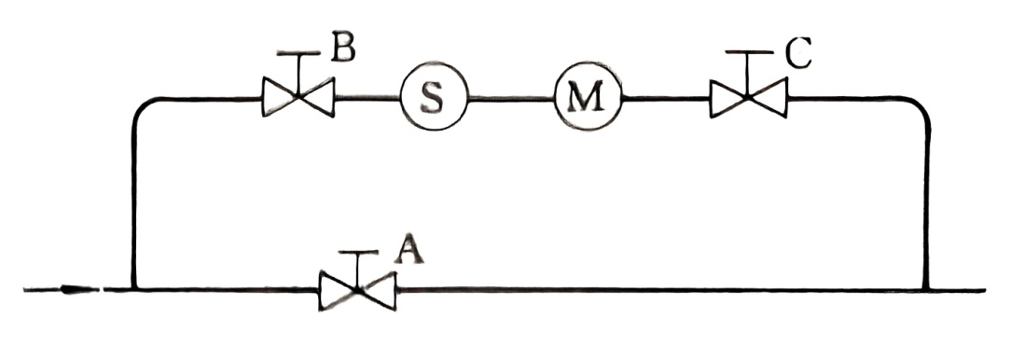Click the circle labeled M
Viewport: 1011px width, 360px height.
pos(587,98)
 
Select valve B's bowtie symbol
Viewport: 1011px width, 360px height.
pos(298,97)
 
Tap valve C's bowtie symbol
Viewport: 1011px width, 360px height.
pos(748,98)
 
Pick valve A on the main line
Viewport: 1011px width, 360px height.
pos(357,290)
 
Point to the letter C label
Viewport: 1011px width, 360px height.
pos(797,55)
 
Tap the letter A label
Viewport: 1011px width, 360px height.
pos(407,249)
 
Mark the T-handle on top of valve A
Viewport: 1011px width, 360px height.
pos(357,254)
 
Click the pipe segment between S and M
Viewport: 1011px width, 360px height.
pos(511,98)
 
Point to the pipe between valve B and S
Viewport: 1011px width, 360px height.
pos(367,97)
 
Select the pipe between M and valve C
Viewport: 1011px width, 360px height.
pos(666,98)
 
